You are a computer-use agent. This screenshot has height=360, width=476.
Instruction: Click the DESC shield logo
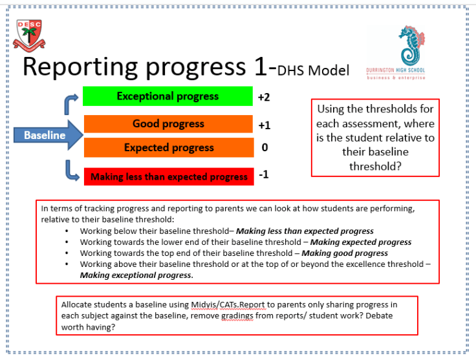(x=30, y=36)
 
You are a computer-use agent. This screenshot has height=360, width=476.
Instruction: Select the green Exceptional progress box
(x=168, y=96)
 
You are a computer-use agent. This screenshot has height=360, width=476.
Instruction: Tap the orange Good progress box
(x=168, y=123)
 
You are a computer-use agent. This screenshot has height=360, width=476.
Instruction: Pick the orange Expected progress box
(x=168, y=147)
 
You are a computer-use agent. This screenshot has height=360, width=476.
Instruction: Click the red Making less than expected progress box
(x=168, y=176)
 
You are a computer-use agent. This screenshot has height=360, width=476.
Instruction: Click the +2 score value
(x=264, y=97)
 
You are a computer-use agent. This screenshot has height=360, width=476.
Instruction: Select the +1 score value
(x=264, y=125)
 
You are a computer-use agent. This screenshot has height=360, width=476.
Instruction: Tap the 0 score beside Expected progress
(x=264, y=148)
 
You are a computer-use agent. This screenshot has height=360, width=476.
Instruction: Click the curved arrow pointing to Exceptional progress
(x=70, y=103)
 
